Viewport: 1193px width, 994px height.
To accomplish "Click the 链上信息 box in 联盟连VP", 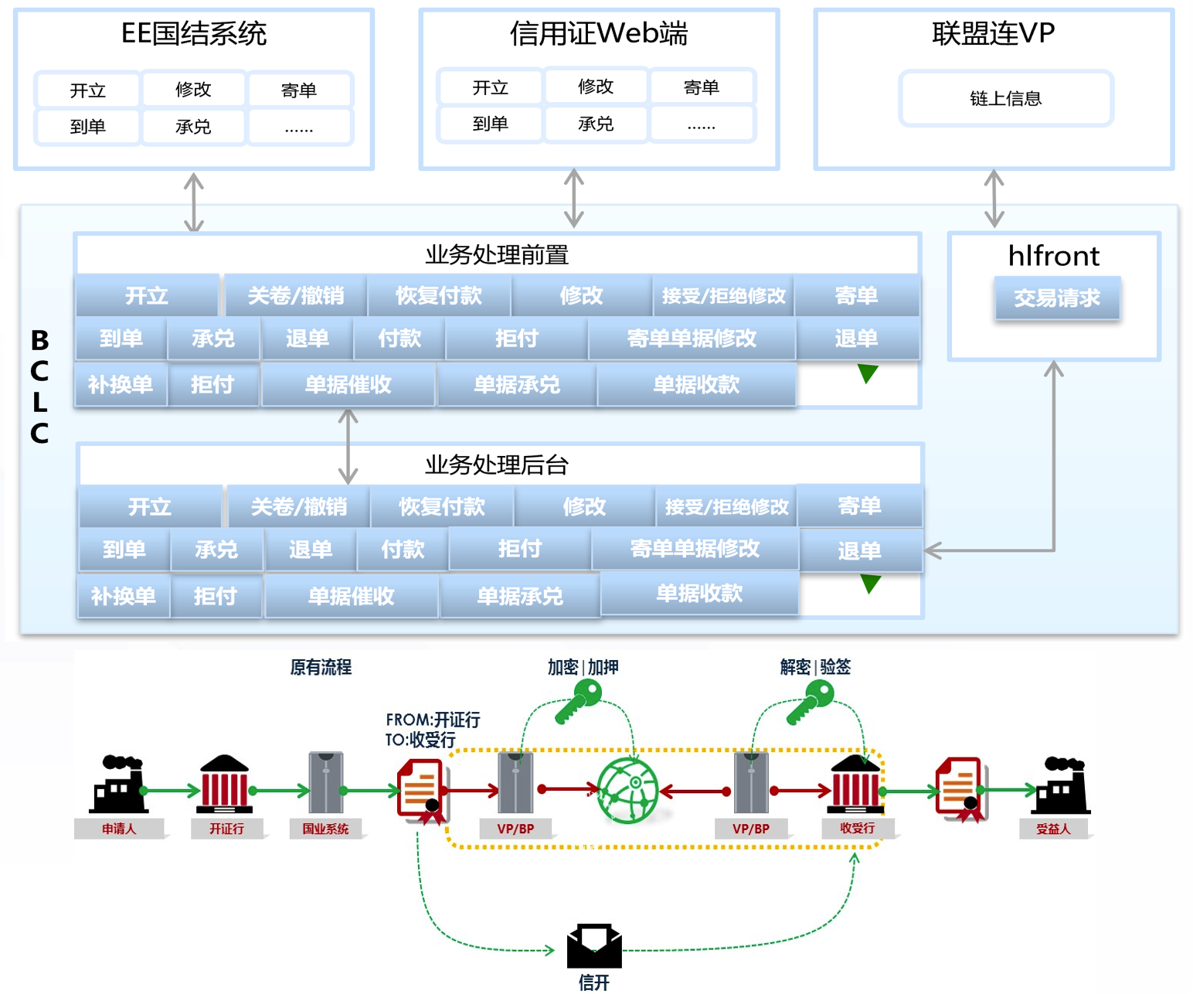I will [x=1005, y=98].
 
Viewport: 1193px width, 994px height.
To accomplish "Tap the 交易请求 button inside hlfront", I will [x=1056, y=298].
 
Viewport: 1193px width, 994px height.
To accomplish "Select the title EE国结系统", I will [x=194, y=33].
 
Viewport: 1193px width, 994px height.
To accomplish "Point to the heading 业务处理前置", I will [x=497, y=254].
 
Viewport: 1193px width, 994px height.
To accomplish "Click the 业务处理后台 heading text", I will [x=497, y=465].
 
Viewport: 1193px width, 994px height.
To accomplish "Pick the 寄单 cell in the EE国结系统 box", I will [x=299, y=90].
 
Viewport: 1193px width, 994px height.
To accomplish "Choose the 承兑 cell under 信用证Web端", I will [x=596, y=124].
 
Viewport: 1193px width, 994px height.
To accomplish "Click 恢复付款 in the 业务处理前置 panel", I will [x=438, y=295].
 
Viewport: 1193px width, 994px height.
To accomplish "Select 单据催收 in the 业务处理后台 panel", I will [x=352, y=596].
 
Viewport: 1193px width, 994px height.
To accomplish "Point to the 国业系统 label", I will [x=325, y=829].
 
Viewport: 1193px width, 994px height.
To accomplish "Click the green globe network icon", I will [x=627, y=790].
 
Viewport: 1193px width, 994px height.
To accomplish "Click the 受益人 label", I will [x=1053, y=829].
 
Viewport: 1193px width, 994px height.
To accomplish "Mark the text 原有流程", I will [x=321, y=667].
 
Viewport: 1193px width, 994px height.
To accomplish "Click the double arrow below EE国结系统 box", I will [x=194, y=203].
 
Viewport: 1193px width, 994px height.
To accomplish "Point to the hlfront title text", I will [x=1053, y=256].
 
